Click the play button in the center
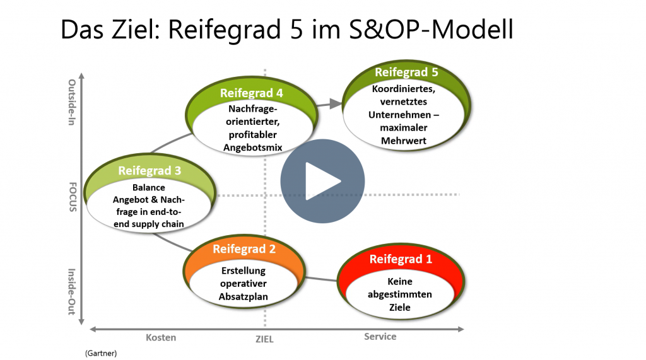[x=322, y=181]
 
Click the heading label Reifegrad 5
[x=406, y=72]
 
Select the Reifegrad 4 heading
[x=251, y=93]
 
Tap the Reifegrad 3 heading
[x=150, y=170]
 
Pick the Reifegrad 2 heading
[x=244, y=249]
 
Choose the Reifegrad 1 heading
[x=401, y=259]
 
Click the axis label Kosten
[x=161, y=337]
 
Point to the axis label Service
[x=380, y=337]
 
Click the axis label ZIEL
[x=264, y=339]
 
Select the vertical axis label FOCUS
[x=73, y=197]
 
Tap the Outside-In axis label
[x=72, y=102]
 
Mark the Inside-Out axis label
[x=72, y=292]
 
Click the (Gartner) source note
[x=101, y=353]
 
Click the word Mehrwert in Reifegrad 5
[x=404, y=141]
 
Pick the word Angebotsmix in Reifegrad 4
[x=253, y=148]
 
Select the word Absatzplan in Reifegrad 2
[x=243, y=296]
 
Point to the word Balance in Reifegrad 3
[x=149, y=187]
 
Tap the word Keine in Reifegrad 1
[x=399, y=281]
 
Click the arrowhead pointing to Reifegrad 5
[x=336, y=104]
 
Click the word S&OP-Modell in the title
[x=432, y=29]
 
